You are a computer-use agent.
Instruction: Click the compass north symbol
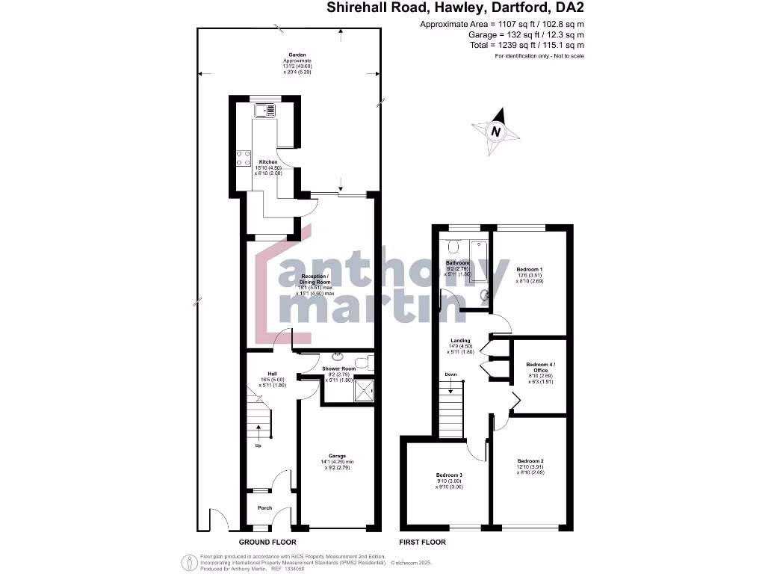point(495,132)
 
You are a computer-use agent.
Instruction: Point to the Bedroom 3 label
point(450,475)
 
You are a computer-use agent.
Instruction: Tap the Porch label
point(264,508)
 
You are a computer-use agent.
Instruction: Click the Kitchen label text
point(268,162)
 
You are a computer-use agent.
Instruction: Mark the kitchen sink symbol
point(264,111)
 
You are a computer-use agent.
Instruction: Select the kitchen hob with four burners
point(244,158)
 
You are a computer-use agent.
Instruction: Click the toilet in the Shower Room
point(362,364)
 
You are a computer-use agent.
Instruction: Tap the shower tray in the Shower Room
point(364,390)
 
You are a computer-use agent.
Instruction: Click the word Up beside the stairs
point(258,446)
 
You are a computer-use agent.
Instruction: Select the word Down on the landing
point(450,374)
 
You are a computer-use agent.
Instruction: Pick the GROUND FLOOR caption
point(267,542)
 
